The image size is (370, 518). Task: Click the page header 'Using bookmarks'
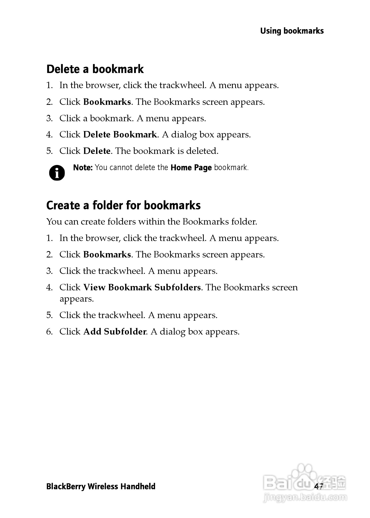292,31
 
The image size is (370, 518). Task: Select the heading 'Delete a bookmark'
95,69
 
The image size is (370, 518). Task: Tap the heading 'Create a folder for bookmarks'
123,205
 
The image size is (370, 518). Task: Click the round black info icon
57,173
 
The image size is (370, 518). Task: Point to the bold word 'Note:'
82,168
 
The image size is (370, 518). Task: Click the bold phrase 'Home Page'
191,168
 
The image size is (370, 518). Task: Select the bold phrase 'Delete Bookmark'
120,134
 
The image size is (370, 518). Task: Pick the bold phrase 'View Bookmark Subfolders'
142,287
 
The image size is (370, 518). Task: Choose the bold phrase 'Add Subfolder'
115,331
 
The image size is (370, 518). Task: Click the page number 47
319,486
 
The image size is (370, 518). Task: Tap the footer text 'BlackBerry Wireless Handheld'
101,486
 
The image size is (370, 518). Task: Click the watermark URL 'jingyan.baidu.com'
305,498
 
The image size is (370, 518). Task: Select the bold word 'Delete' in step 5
97,151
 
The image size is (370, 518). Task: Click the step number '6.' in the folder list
50,332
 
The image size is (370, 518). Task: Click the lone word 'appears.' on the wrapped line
77,299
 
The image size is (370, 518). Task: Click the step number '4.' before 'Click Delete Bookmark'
50,135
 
